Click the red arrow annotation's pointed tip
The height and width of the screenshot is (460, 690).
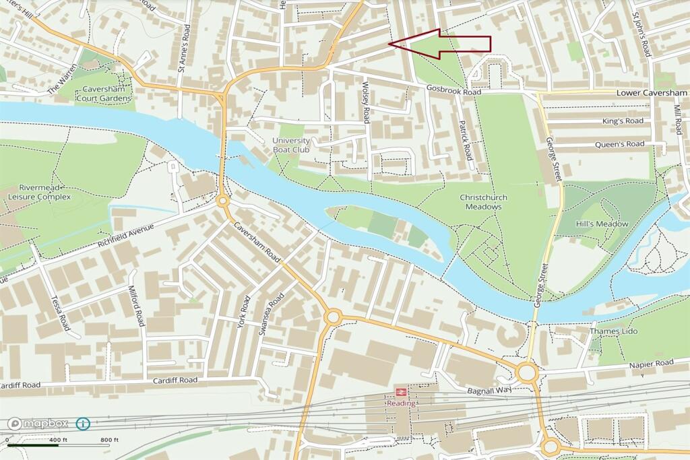click(391, 44)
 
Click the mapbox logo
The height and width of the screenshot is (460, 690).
click(38, 424)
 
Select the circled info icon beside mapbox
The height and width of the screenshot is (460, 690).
click(83, 424)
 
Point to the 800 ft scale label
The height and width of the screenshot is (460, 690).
click(110, 440)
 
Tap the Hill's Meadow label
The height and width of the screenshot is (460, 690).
click(602, 224)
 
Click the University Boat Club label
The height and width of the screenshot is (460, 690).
click(291, 145)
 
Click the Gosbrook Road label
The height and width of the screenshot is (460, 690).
click(453, 90)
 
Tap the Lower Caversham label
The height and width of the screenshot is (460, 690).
click(652, 92)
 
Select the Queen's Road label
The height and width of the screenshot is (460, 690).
click(619, 144)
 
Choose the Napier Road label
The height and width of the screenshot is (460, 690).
click(651, 363)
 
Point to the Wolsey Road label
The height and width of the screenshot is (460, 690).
click(366, 102)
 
